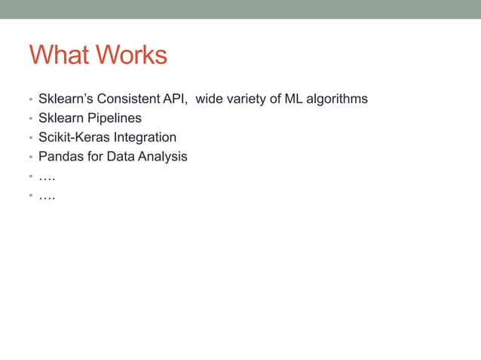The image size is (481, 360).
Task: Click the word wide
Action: click(x=209, y=99)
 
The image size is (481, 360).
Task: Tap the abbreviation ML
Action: click(x=277, y=99)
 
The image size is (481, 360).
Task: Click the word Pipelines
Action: click(x=115, y=118)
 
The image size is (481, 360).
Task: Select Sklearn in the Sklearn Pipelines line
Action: click(x=61, y=118)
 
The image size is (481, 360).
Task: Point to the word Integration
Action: click(x=145, y=138)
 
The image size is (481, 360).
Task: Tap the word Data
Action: click(x=121, y=157)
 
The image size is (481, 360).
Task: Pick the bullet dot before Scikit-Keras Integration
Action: click(x=31, y=139)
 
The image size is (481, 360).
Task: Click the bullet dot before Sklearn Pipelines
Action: click(x=31, y=119)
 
